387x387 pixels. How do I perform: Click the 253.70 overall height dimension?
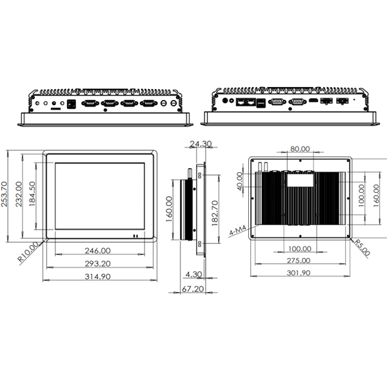[5, 194]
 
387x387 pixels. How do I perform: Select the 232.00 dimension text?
[19, 194]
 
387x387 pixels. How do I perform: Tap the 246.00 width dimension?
[98, 251]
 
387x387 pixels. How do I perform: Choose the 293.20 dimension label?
[98, 264]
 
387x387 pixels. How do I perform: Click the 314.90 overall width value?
[98, 277]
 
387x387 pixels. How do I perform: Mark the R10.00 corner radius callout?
[28, 252]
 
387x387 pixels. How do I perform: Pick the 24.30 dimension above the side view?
[201, 144]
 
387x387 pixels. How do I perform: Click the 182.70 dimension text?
[215, 213]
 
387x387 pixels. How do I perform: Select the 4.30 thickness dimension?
[193, 274]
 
